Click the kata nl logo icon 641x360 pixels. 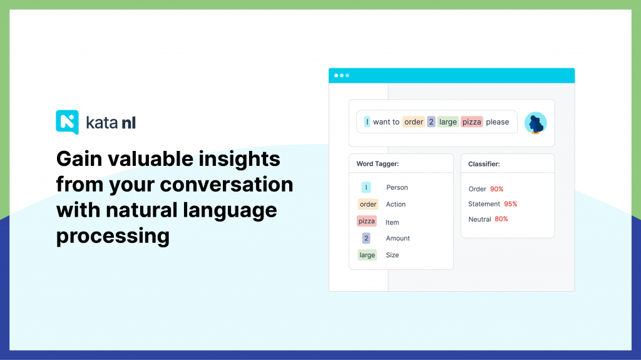(67, 122)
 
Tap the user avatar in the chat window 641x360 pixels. (536, 123)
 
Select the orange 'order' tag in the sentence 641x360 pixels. (413, 122)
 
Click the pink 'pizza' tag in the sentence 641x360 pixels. (472, 122)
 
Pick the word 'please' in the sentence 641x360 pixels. (497, 122)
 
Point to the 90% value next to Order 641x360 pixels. (496, 189)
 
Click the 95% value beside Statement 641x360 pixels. (511, 203)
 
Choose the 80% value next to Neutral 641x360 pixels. (501, 219)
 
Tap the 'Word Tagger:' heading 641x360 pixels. (377, 163)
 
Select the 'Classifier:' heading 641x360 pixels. (484, 163)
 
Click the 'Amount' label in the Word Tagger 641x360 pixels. (397, 238)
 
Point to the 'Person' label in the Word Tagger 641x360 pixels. (397, 187)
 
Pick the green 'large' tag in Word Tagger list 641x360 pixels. (367, 255)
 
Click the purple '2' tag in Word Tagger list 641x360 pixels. (366, 238)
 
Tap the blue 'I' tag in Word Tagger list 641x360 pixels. (366, 187)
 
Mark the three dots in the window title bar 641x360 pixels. (342, 76)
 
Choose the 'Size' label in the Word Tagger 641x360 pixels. (392, 255)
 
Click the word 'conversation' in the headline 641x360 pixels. (227, 185)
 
